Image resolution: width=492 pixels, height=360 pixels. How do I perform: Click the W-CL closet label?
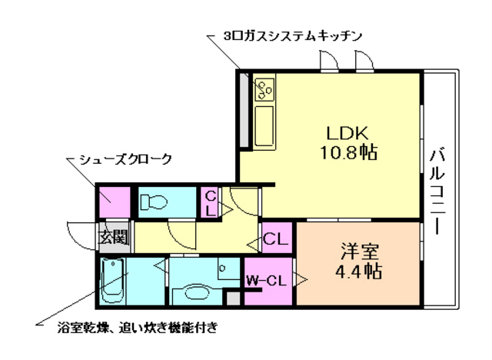pyautogui.click(x=267, y=282)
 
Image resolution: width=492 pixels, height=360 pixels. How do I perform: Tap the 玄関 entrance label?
pyautogui.click(x=113, y=237)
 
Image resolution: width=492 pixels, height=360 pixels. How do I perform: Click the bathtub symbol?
pyautogui.click(x=114, y=280)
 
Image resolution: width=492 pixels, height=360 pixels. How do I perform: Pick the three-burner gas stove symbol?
pyautogui.click(x=266, y=90)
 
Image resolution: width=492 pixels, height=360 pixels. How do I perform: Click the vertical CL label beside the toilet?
pyautogui.click(x=210, y=203)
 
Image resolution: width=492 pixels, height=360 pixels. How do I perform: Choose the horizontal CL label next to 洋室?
pyautogui.click(x=275, y=239)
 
